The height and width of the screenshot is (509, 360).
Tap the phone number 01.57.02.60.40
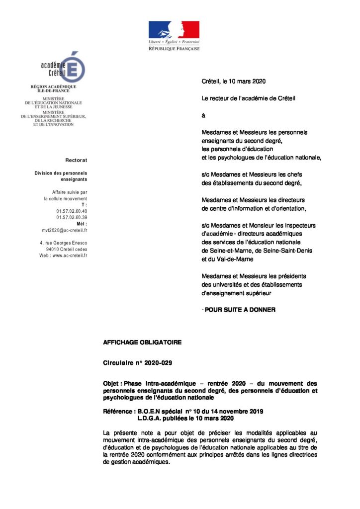72,211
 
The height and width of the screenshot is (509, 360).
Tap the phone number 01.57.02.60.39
72,217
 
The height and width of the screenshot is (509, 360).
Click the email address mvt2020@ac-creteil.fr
65,230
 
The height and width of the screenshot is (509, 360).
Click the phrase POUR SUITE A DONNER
240,310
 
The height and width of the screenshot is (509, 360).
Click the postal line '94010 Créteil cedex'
66,249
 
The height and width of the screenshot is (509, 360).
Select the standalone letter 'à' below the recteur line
203,115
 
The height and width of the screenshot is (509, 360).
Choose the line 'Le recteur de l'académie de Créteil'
248,98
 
